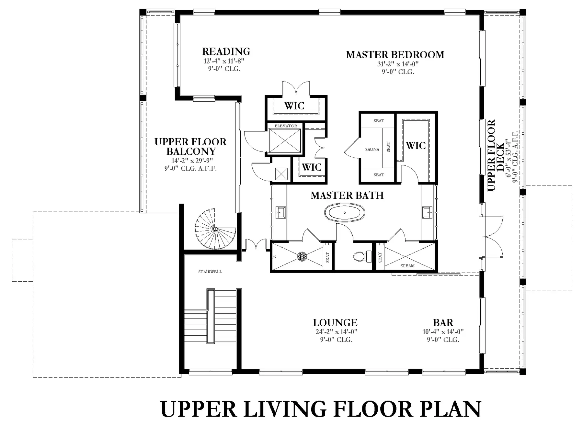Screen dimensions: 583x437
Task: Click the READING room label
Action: click(226, 51)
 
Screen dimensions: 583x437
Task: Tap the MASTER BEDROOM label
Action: click(395, 55)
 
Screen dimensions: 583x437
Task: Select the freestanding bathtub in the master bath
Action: click(345, 213)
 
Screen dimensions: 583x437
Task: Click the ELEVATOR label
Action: click(286, 126)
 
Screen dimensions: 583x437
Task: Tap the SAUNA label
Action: click(372, 150)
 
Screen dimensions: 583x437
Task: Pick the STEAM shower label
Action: click(407, 266)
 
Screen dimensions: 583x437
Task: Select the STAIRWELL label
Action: click(210, 272)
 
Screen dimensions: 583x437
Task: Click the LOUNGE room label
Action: click(335, 323)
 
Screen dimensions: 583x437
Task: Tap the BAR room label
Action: click(443, 323)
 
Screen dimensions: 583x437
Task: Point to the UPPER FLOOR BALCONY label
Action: click(190, 147)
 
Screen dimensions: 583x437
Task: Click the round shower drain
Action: click(302, 257)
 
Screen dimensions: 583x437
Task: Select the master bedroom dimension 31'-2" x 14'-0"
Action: click(398, 64)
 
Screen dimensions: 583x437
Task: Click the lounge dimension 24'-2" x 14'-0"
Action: click(337, 332)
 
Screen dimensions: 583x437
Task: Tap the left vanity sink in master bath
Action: click(280, 213)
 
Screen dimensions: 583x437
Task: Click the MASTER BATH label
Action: click(347, 196)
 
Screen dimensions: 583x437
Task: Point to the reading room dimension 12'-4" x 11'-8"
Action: click(224, 61)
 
